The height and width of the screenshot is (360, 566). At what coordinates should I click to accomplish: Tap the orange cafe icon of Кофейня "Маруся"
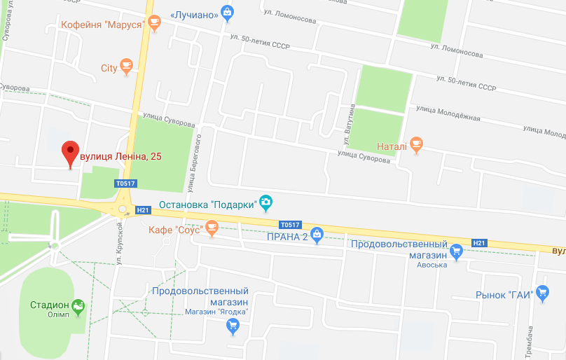click(154, 25)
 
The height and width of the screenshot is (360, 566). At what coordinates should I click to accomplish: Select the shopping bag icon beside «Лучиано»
click(227, 12)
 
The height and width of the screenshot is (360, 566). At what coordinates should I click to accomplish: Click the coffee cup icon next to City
click(126, 67)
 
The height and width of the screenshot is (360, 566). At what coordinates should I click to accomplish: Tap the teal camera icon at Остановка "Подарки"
click(265, 204)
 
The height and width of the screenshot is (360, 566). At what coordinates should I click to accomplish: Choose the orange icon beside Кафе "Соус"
click(212, 228)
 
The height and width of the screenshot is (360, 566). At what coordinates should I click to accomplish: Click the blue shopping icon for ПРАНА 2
click(317, 236)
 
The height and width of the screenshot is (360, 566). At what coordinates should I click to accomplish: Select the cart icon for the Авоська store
click(457, 251)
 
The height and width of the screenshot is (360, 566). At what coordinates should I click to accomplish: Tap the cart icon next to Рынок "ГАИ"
click(542, 294)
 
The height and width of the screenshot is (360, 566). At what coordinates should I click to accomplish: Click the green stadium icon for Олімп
click(78, 305)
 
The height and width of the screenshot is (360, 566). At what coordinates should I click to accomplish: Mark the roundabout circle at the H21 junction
click(123, 209)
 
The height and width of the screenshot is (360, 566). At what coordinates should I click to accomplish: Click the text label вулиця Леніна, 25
click(120, 155)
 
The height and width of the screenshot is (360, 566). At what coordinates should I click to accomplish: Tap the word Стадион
click(50, 305)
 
